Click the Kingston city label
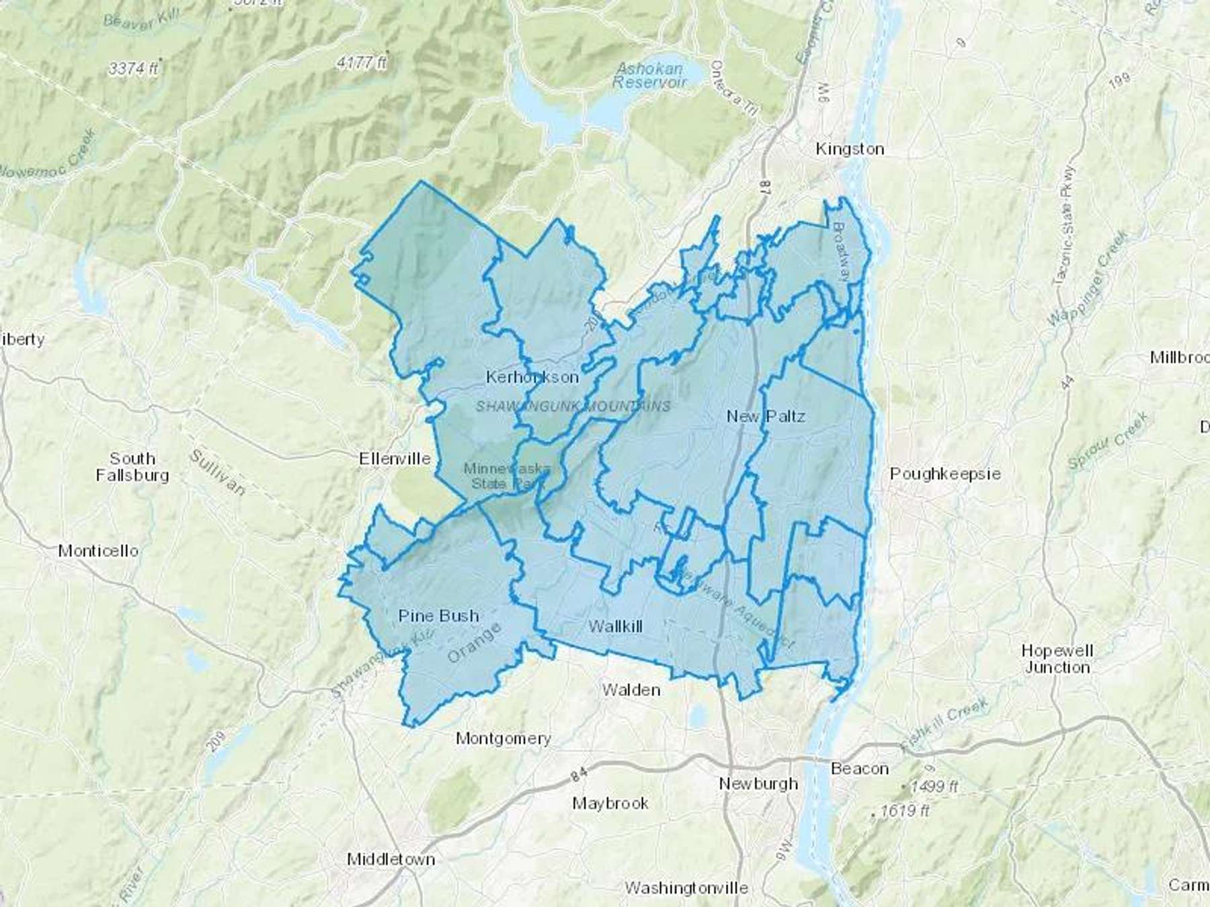850,148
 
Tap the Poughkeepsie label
945,474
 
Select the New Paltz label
766,416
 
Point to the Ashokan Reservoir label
649,75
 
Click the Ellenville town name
395,459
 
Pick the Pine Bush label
438,615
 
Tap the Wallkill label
615,626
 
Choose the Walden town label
631,689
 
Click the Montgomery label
503,738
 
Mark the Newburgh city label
758,783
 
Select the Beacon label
859,768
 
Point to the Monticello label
98,551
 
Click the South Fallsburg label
132,467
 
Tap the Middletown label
391,859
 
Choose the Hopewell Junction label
1057,658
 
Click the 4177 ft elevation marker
362,63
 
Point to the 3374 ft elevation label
133,68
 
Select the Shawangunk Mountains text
573,406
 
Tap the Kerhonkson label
532,377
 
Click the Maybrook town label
610,803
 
